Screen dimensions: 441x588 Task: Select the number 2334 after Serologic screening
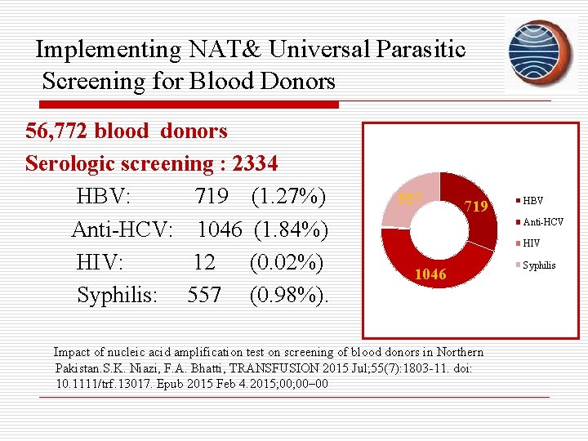point(255,163)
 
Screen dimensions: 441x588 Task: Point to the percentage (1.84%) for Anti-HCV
point(291,230)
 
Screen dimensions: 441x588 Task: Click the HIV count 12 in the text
point(204,263)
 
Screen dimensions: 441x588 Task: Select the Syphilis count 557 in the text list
point(204,295)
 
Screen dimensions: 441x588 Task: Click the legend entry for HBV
point(532,201)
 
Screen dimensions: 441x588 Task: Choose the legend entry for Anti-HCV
point(542,222)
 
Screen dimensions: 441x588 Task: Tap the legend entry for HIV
point(531,243)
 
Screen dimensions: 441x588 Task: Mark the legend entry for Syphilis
point(538,265)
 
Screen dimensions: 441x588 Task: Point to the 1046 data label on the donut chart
point(430,274)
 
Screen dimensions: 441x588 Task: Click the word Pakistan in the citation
point(82,368)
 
